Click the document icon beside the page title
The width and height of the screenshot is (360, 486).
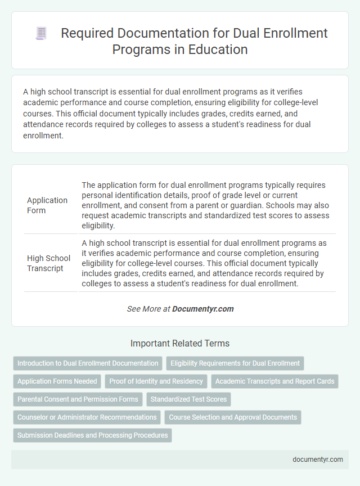coord(41,34)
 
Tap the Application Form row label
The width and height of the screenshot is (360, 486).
coord(47,205)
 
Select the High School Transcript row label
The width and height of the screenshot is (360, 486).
coord(49,263)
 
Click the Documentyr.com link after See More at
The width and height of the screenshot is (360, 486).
coord(203,309)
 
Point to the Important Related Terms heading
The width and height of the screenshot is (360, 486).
coord(180,343)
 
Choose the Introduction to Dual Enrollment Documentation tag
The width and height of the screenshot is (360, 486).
coord(88,363)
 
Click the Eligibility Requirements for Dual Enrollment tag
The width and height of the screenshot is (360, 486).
coord(235,363)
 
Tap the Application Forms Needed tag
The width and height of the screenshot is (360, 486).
coord(57,381)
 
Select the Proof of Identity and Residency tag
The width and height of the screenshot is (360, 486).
coord(156,381)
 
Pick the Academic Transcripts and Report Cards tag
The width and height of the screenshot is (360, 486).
coord(275,381)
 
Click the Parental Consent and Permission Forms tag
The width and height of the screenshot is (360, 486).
coord(78,399)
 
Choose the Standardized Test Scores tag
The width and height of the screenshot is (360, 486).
coord(189,399)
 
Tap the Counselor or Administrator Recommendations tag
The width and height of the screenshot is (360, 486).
coord(87,417)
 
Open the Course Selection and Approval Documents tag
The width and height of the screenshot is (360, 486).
coord(233,417)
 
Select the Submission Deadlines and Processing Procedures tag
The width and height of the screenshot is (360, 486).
coord(92,435)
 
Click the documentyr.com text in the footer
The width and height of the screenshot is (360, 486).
coord(318,459)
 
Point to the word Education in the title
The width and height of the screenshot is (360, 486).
coord(221,49)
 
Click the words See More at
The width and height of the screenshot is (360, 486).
coord(148,309)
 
